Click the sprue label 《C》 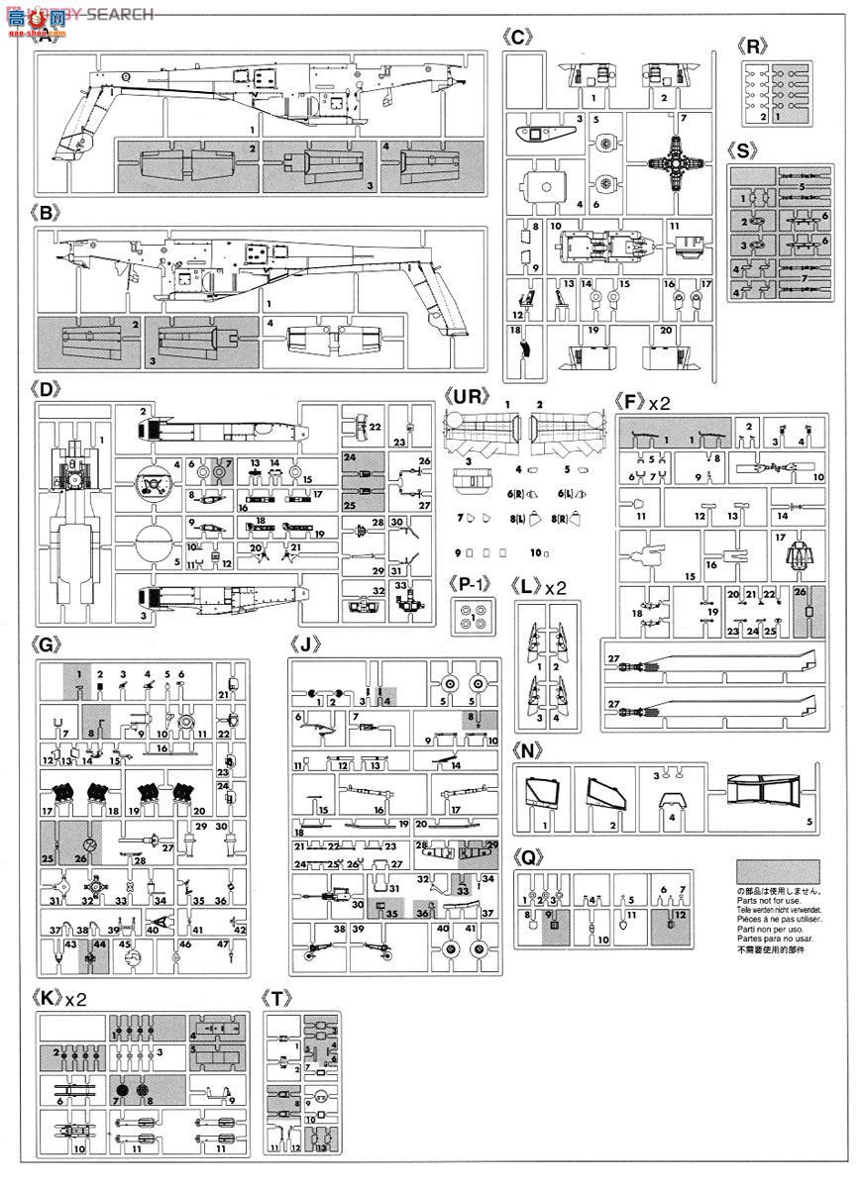point(518,39)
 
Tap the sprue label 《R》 point(757,47)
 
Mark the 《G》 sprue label point(48,643)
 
